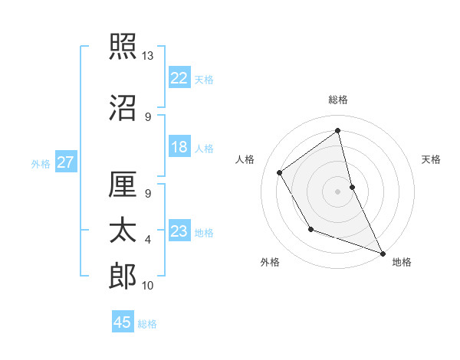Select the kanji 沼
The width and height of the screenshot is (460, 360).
click(x=123, y=108)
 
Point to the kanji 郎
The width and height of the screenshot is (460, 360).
click(x=123, y=277)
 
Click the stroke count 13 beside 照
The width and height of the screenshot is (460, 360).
click(x=148, y=56)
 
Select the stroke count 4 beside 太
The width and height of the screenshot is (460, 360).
click(x=148, y=240)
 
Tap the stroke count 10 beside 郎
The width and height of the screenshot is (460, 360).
click(x=148, y=286)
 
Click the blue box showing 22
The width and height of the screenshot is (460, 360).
click(x=179, y=78)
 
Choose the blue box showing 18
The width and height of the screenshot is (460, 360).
click(x=179, y=148)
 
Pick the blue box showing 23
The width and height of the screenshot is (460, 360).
click(x=179, y=231)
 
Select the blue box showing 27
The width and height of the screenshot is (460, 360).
click(x=66, y=162)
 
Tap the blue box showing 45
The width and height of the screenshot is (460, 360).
click(x=123, y=322)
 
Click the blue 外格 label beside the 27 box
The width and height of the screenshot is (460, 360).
click(x=41, y=163)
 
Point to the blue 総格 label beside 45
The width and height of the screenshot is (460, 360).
click(x=147, y=324)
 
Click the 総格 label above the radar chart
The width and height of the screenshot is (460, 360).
click(x=338, y=100)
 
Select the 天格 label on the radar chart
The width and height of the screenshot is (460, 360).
click(x=431, y=159)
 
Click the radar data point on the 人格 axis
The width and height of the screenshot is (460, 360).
click(x=280, y=173)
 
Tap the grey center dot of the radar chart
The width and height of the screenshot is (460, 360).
click(x=338, y=191)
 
